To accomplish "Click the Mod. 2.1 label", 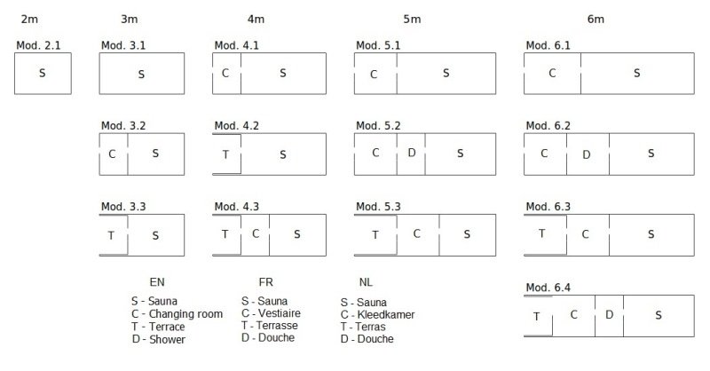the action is click(x=38, y=45).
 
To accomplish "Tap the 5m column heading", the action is click(x=412, y=19).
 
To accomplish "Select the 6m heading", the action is click(x=596, y=19).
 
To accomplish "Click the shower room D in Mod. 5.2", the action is click(x=411, y=153).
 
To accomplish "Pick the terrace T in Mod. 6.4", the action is click(x=537, y=316).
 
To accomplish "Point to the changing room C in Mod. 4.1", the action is click(x=225, y=73).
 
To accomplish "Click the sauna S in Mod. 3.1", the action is click(x=141, y=75).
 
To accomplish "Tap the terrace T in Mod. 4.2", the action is click(x=225, y=154).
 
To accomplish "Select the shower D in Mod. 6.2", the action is click(x=587, y=154).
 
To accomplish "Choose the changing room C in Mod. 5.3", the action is click(x=416, y=233).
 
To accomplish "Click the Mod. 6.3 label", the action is click(x=548, y=207).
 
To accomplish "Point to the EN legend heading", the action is click(x=157, y=281).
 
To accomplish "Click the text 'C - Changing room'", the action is click(x=177, y=313).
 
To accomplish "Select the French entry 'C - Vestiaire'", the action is click(x=271, y=313).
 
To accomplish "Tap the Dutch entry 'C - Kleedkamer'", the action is click(x=378, y=314).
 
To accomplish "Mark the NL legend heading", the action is click(x=366, y=281).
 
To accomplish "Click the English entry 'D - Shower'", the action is click(x=159, y=339).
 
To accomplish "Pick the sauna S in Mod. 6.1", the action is click(x=636, y=73).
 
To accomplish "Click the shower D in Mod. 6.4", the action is click(x=609, y=314).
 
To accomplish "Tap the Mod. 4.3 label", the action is click(x=237, y=207).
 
